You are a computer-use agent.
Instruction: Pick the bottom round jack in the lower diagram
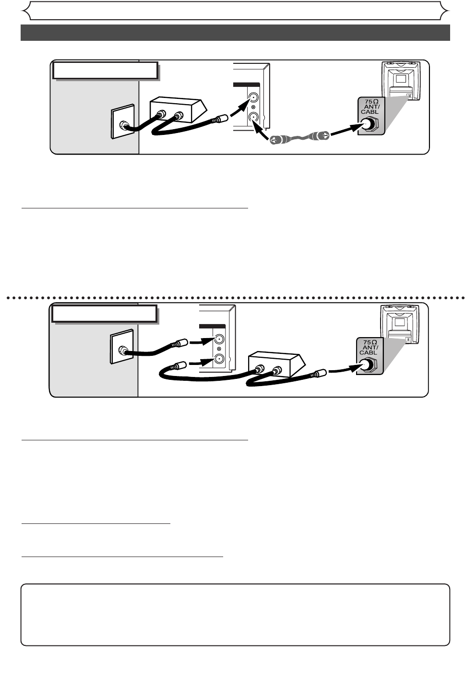[219, 359]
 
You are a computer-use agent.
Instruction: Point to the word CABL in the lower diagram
[370, 352]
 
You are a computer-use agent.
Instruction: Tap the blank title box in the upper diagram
[105, 70]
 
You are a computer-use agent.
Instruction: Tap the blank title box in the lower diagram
[104, 314]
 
